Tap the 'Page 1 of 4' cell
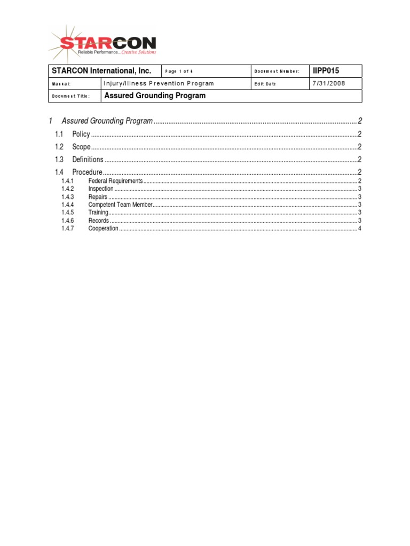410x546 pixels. [179, 71]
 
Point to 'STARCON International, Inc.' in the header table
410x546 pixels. [101, 71]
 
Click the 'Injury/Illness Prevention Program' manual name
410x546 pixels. [159, 84]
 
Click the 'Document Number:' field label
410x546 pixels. [277, 71]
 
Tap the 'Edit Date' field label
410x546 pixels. [265, 84]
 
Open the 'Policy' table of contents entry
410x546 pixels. [81, 134]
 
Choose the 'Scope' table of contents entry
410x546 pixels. [81, 147]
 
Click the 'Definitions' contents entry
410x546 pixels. [88, 159]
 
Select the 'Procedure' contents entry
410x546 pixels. [87, 172]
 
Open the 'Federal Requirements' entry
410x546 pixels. [115, 181]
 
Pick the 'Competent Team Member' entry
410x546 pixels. [121, 205]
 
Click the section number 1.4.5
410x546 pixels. [67, 213]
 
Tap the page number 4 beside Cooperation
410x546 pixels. [360, 229]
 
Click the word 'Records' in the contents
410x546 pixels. [99, 221]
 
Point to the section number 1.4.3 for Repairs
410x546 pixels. [67, 197]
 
